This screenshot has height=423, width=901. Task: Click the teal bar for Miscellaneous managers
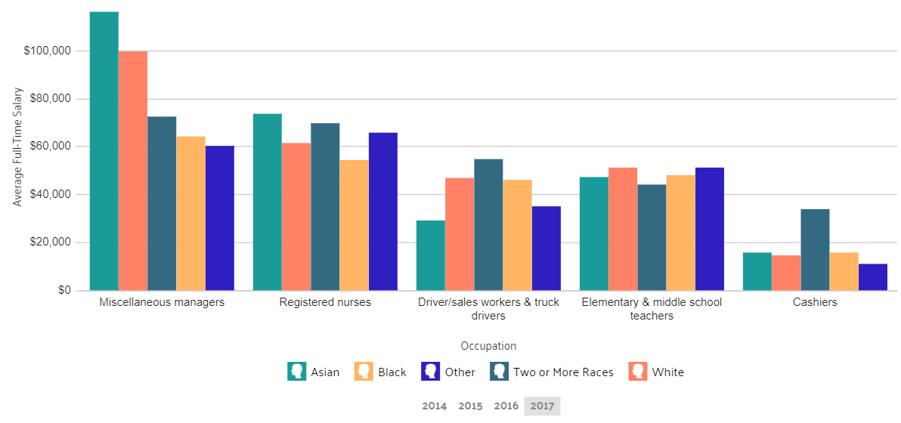click(x=104, y=151)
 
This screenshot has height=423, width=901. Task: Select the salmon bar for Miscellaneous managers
click(x=133, y=171)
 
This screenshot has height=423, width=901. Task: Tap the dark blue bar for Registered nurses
click(x=382, y=211)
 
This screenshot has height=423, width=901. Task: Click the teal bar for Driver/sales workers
click(x=430, y=255)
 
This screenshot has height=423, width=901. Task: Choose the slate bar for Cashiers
click(x=815, y=249)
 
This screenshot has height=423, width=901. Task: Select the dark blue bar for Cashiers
click(x=873, y=277)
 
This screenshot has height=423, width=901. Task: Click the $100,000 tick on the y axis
click(x=48, y=51)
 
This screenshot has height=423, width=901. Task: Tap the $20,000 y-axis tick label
click(x=51, y=242)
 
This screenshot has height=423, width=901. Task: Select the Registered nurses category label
click(x=325, y=302)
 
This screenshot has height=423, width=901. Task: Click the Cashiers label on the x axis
click(x=815, y=302)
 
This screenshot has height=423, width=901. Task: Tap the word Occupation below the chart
click(x=488, y=346)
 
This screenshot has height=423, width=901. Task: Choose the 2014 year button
click(x=434, y=406)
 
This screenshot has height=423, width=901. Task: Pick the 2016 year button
click(x=506, y=406)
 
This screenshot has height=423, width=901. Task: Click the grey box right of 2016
click(x=542, y=406)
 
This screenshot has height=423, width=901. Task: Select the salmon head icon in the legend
click(x=638, y=371)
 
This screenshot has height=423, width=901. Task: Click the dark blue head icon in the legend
click(x=431, y=371)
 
